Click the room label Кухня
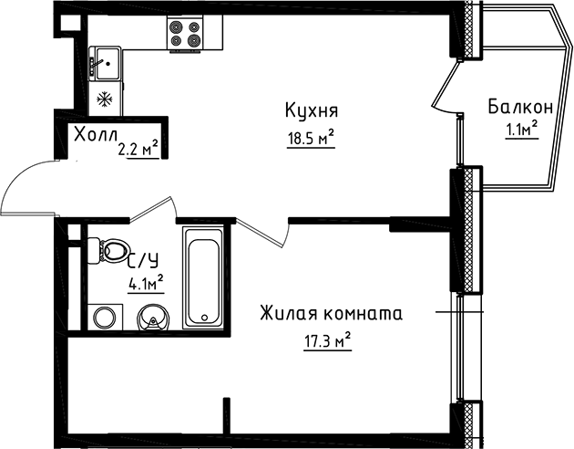(312, 111)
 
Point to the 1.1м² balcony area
(521, 130)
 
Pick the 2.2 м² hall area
(138, 145)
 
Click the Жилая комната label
(331, 314)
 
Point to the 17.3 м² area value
(326, 343)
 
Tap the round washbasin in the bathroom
(152, 318)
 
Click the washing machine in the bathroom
(104, 318)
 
